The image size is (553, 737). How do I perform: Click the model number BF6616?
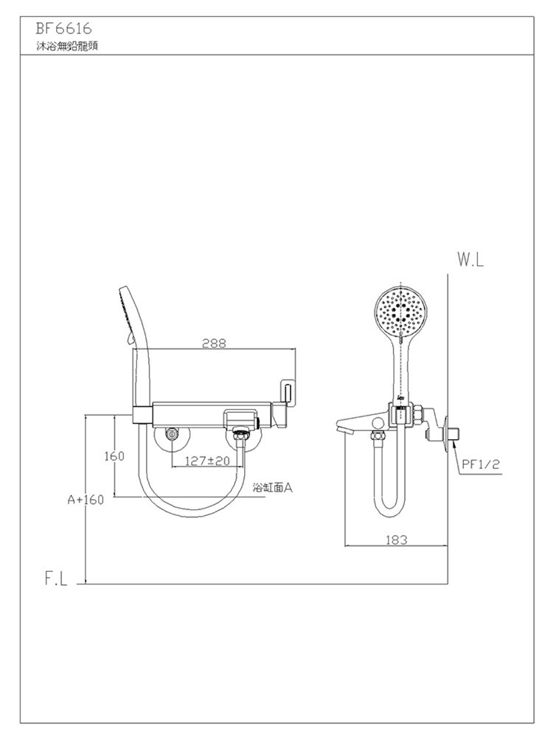63,29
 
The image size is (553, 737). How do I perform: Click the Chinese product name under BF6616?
67,46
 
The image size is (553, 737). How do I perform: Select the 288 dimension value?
214,343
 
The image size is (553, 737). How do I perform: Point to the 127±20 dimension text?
207,461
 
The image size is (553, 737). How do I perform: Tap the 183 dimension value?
397,540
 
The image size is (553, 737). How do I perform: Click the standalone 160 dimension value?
114,456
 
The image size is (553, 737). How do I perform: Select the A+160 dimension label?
85,500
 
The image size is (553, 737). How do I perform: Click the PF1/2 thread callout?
481,465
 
